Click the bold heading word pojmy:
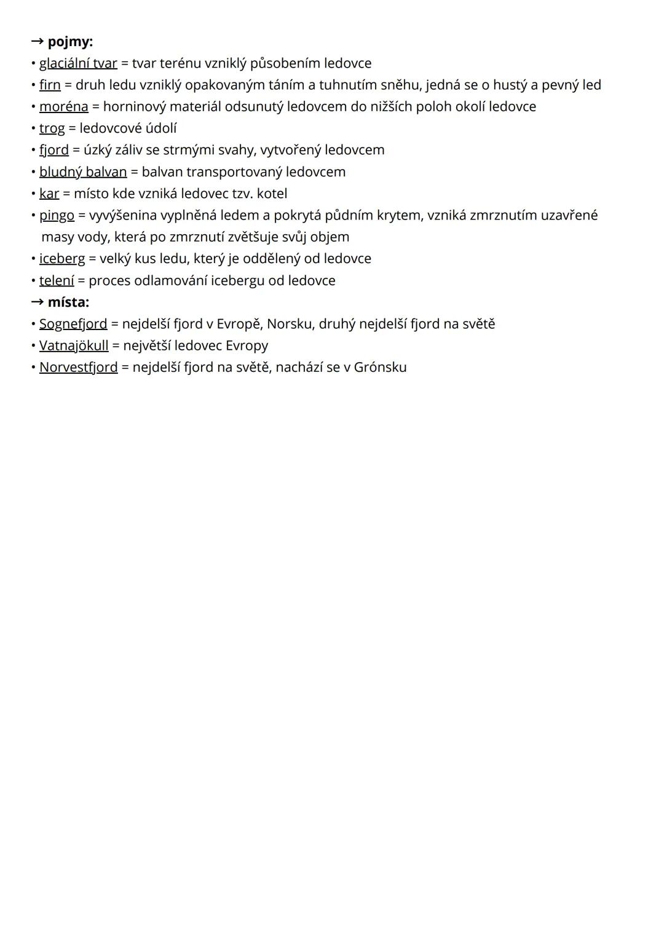(70, 42)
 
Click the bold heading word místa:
(68, 302)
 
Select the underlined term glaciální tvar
(78, 63)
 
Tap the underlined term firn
(50, 85)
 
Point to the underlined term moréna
(64, 106)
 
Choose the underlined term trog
(52, 128)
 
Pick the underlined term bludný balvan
(83, 171)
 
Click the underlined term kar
(49, 194)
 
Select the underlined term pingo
(57, 216)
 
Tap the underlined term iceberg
(62, 259)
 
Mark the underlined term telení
(57, 280)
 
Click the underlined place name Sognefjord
(73, 324)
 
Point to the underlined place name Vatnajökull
(74, 345)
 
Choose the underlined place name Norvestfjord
(78, 368)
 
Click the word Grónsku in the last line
(380, 368)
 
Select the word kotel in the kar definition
(272, 194)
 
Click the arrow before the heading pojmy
(38, 42)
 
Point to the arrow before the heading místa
(38, 302)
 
